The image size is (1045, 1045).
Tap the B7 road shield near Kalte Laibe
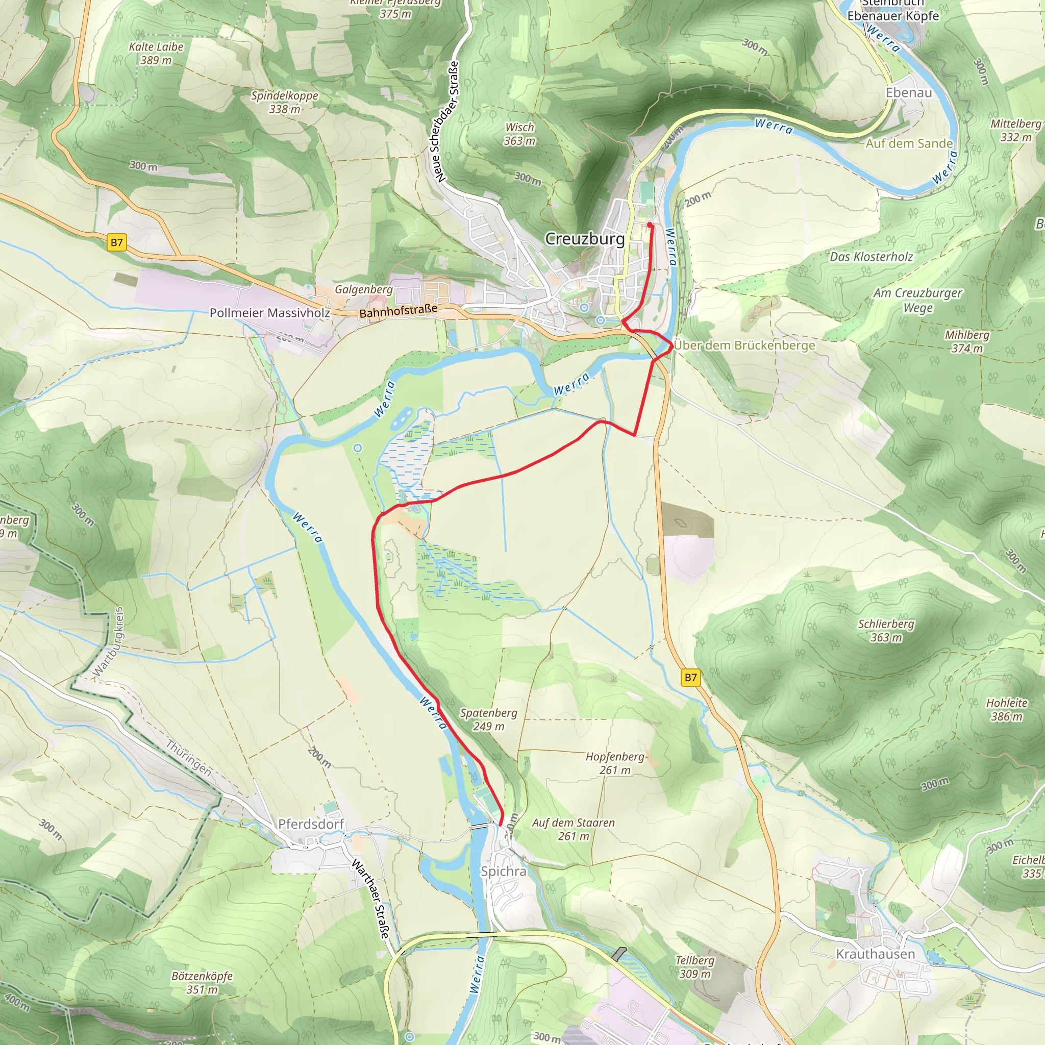pos(117,242)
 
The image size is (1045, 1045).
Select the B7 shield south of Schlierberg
pos(691,677)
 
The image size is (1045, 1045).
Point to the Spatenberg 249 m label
pos(488,719)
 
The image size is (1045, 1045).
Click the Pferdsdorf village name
pos(311,824)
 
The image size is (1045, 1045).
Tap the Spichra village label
pos(503,872)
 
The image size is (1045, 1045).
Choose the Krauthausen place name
pos(875,954)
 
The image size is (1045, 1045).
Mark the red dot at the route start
pos(650,225)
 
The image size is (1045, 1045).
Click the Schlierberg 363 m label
pos(886,630)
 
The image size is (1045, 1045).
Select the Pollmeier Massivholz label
pos(269,313)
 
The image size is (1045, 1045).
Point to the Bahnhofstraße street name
pos(398,311)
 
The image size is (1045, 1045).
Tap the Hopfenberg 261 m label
pos(615,763)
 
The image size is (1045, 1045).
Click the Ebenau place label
pos(909,92)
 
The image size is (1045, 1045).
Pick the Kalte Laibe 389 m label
pos(156,54)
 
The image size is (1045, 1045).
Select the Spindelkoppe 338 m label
pos(285,102)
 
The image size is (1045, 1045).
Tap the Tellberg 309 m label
pos(694,966)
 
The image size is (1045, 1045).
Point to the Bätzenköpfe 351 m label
pos(202,983)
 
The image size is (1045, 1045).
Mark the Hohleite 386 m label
pos(1007,709)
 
